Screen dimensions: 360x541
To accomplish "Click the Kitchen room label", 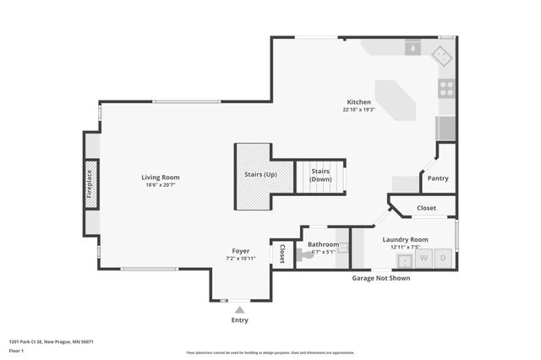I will tap(358, 101).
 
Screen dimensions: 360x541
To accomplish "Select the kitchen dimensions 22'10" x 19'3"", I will tap(358, 110).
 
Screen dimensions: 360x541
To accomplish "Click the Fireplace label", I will tap(90, 183).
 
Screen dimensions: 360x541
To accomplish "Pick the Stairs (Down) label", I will tap(320, 175).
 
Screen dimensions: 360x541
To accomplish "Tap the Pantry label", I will tap(438, 178).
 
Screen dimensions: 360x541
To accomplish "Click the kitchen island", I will tap(395, 101).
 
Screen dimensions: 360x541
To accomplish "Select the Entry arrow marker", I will tap(239, 309).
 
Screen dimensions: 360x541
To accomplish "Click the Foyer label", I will tap(240, 251).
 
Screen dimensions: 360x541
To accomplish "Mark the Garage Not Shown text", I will tap(381, 278).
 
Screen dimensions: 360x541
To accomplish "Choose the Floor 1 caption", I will tap(17, 350).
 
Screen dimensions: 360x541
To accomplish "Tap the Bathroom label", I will tap(322, 244).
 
